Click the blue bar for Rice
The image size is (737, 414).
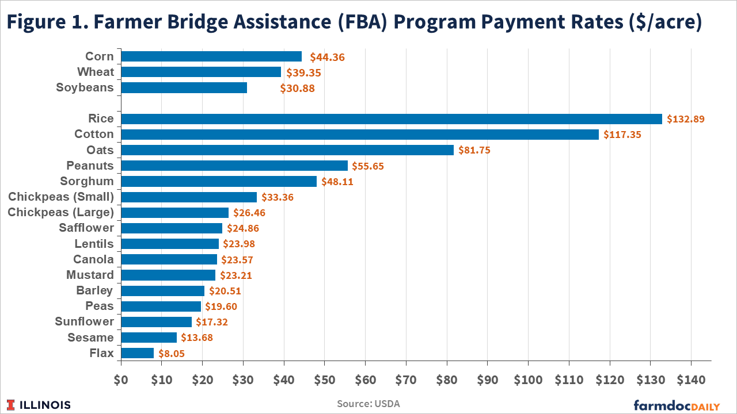click(x=392, y=119)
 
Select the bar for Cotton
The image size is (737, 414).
click(x=360, y=135)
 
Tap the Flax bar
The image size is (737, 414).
click(x=138, y=353)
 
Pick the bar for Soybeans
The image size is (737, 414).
click(x=184, y=88)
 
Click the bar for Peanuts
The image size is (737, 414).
click(x=234, y=166)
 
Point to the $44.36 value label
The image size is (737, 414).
click(x=328, y=57)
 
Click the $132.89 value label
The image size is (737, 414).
click(x=686, y=119)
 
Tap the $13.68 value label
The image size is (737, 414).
click(x=197, y=338)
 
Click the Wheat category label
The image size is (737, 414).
click(x=96, y=72)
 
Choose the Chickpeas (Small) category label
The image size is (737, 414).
click(x=61, y=197)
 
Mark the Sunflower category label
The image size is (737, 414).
click(x=85, y=321)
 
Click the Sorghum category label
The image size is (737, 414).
click(x=87, y=181)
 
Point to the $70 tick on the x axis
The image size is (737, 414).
click(x=406, y=380)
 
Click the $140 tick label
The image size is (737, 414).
click(x=690, y=380)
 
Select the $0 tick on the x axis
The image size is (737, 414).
click(x=121, y=380)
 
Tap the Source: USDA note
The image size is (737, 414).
click(x=368, y=404)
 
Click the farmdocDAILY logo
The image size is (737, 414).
click(x=677, y=405)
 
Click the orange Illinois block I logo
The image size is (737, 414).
click(x=12, y=404)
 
